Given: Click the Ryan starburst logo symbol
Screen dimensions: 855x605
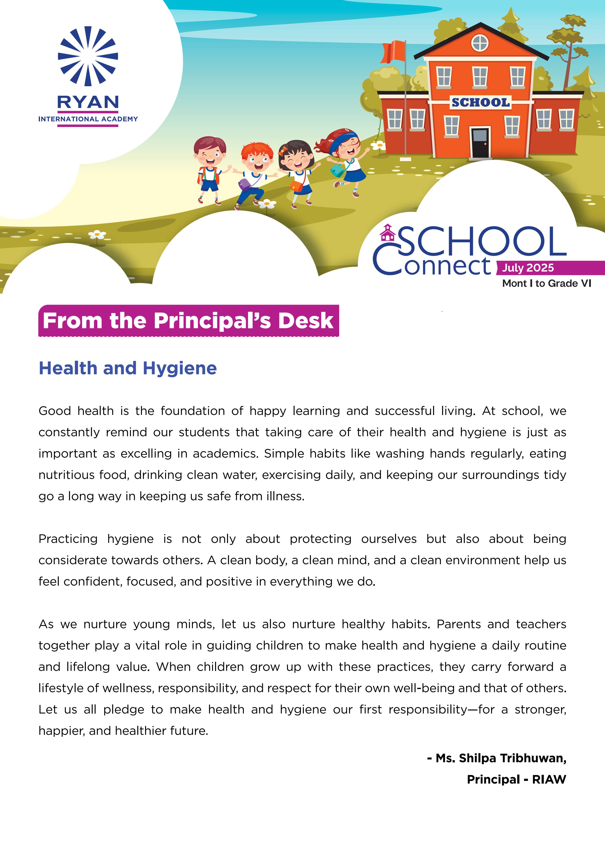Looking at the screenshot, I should tap(88, 56).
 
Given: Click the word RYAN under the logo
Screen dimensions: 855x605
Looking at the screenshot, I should tap(88, 102).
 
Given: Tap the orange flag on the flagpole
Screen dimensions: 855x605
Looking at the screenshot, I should tap(393, 52).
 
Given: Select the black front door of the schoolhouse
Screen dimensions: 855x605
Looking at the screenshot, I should tap(480, 143).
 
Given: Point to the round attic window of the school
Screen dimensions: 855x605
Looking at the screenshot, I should tap(480, 43).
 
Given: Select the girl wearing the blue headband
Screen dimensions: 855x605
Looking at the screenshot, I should tap(345, 160).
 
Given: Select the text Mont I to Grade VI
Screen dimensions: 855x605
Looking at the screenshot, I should tap(546, 283).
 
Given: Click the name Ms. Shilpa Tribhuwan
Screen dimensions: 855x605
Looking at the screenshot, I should tap(501, 758).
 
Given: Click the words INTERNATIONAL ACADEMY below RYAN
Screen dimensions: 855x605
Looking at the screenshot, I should tap(88, 119).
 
